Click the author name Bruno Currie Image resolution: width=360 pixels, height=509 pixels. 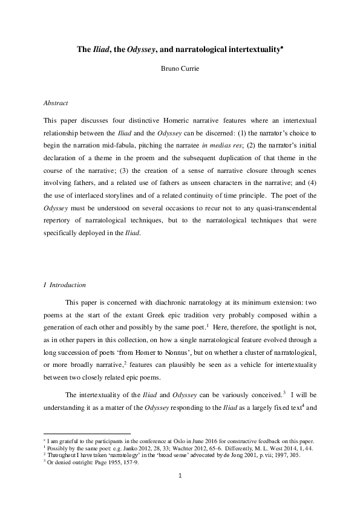click(180, 68)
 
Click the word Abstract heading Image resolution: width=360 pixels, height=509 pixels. click(57, 103)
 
